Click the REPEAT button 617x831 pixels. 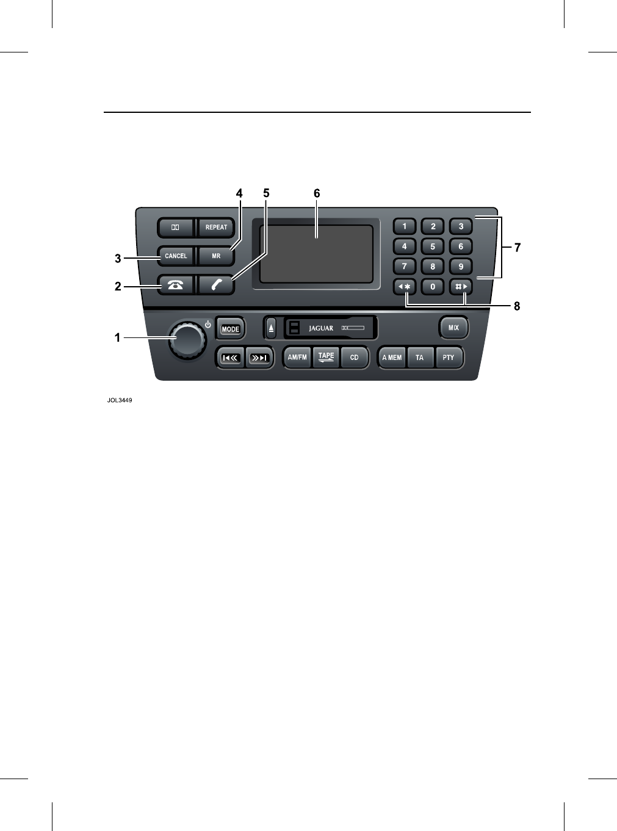[x=216, y=228]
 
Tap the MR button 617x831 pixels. [x=216, y=256]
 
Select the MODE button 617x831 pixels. [x=230, y=329]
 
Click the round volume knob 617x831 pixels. [x=187, y=339]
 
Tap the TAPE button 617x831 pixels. [x=327, y=358]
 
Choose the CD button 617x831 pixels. [x=355, y=358]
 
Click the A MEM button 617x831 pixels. [x=392, y=358]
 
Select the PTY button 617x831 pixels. [x=449, y=358]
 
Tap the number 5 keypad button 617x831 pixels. [x=433, y=247]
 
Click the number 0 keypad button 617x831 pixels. [x=433, y=286]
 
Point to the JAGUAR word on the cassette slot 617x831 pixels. [x=321, y=328]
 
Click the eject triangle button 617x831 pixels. [x=272, y=328]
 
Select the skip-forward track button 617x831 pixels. [x=259, y=358]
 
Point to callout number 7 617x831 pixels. [x=518, y=248]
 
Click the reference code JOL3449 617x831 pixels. [x=120, y=400]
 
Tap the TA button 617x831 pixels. [x=420, y=358]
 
